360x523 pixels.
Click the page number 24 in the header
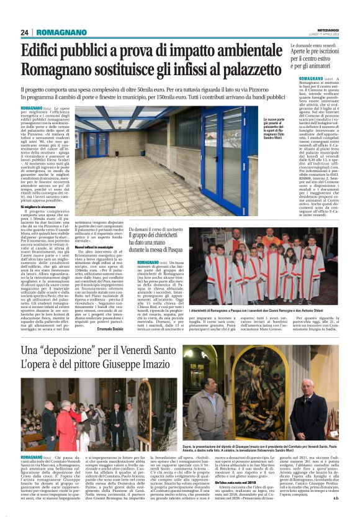pos(25,32)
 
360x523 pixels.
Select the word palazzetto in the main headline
pos(253,68)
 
